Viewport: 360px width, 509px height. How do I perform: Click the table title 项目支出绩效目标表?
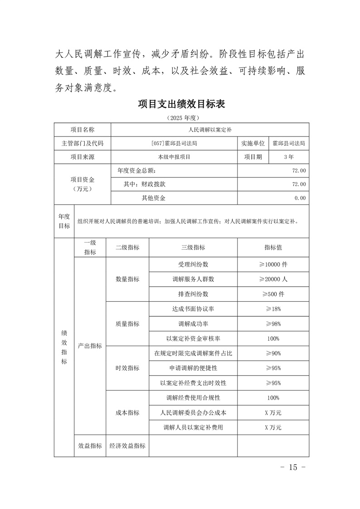[x=181, y=104]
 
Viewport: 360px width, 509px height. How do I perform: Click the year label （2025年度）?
[x=181, y=118]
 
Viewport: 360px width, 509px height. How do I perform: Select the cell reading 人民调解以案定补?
[x=210, y=130]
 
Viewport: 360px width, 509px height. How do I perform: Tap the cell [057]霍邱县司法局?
[x=174, y=143]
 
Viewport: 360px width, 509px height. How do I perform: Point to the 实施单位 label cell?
[x=253, y=143]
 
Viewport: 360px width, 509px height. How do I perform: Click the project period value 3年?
[x=288, y=157]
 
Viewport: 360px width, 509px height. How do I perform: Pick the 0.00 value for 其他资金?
[x=300, y=198]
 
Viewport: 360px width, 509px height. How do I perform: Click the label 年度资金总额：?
[x=136, y=171]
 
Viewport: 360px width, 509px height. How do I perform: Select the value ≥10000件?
[x=273, y=264]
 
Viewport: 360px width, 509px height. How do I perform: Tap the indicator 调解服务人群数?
[x=193, y=279]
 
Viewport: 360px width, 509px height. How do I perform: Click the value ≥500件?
[x=273, y=294]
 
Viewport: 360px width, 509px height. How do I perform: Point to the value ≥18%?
[x=273, y=309]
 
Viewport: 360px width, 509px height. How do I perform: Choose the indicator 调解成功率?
[x=193, y=323]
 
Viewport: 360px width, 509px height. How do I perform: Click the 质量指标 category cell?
[x=127, y=324]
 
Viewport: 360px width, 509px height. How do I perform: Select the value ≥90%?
[x=273, y=353]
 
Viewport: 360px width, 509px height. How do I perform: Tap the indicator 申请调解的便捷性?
[x=193, y=368]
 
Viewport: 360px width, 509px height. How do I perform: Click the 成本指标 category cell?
[x=127, y=413]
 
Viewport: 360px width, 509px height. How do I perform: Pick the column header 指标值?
[x=273, y=248]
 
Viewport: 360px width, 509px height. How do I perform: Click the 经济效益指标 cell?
[x=127, y=446]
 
